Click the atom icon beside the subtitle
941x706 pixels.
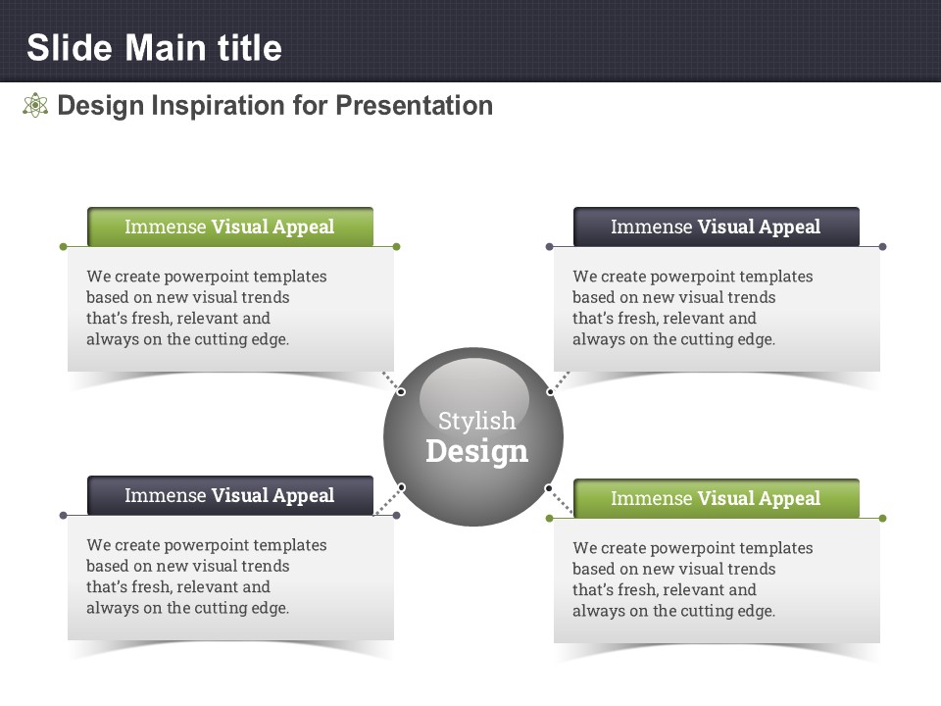click(35, 105)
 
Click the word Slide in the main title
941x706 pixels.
click(70, 48)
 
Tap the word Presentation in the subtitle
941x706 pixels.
click(414, 106)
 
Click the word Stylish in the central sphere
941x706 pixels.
click(476, 421)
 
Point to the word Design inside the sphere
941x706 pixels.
click(476, 451)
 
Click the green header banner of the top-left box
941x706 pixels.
click(230, 227)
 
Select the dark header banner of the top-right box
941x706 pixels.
click(717, 227)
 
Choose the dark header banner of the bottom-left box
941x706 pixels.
click(230, 495)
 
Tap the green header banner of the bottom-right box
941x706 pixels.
click(717, 498)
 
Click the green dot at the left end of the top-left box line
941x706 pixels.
click(63, 247)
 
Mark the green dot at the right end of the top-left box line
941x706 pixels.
click(396, 247)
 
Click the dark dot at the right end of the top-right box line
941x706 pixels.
click(882, 247)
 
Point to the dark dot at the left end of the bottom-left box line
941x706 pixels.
click(63, 515)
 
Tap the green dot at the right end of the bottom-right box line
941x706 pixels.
click(882, 518)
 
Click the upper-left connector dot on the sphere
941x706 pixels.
click(402, 392)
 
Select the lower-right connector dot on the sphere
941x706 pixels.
click(549, 488)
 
